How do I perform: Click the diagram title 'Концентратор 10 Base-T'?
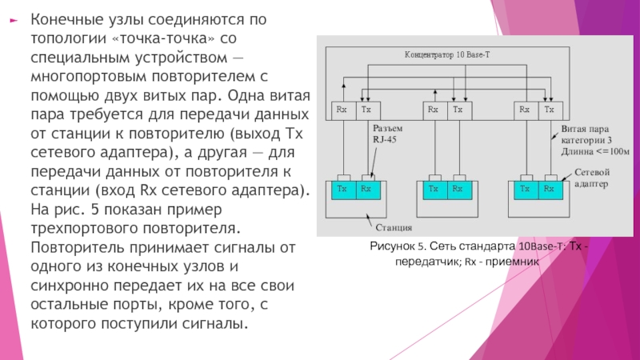click(x=447, y=54)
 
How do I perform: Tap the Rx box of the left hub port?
click(x=344, y=110)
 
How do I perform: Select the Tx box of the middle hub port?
click(x=459, y=110)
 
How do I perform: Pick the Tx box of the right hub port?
click(x=550, y=110)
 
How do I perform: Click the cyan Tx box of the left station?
click(x=344, y=190)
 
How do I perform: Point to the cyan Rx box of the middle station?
click(x=459, y=190)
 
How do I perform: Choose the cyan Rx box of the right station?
click(x=550, y=190)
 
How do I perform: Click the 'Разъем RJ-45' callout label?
click(x=387, y=134)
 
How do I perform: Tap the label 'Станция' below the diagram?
click(x=394, y=228)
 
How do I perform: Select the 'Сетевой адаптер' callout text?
click(x=592, y=178)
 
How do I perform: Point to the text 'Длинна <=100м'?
click(x=595, y=152)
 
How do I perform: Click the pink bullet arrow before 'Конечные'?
click(x=14, y=20)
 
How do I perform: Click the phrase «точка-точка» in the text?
click(x=163, y=38)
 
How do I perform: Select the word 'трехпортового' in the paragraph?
click(x=85, y=228)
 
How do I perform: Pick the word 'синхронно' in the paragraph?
click(x=70, y=286)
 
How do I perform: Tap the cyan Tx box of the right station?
click(x=526, y=190)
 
